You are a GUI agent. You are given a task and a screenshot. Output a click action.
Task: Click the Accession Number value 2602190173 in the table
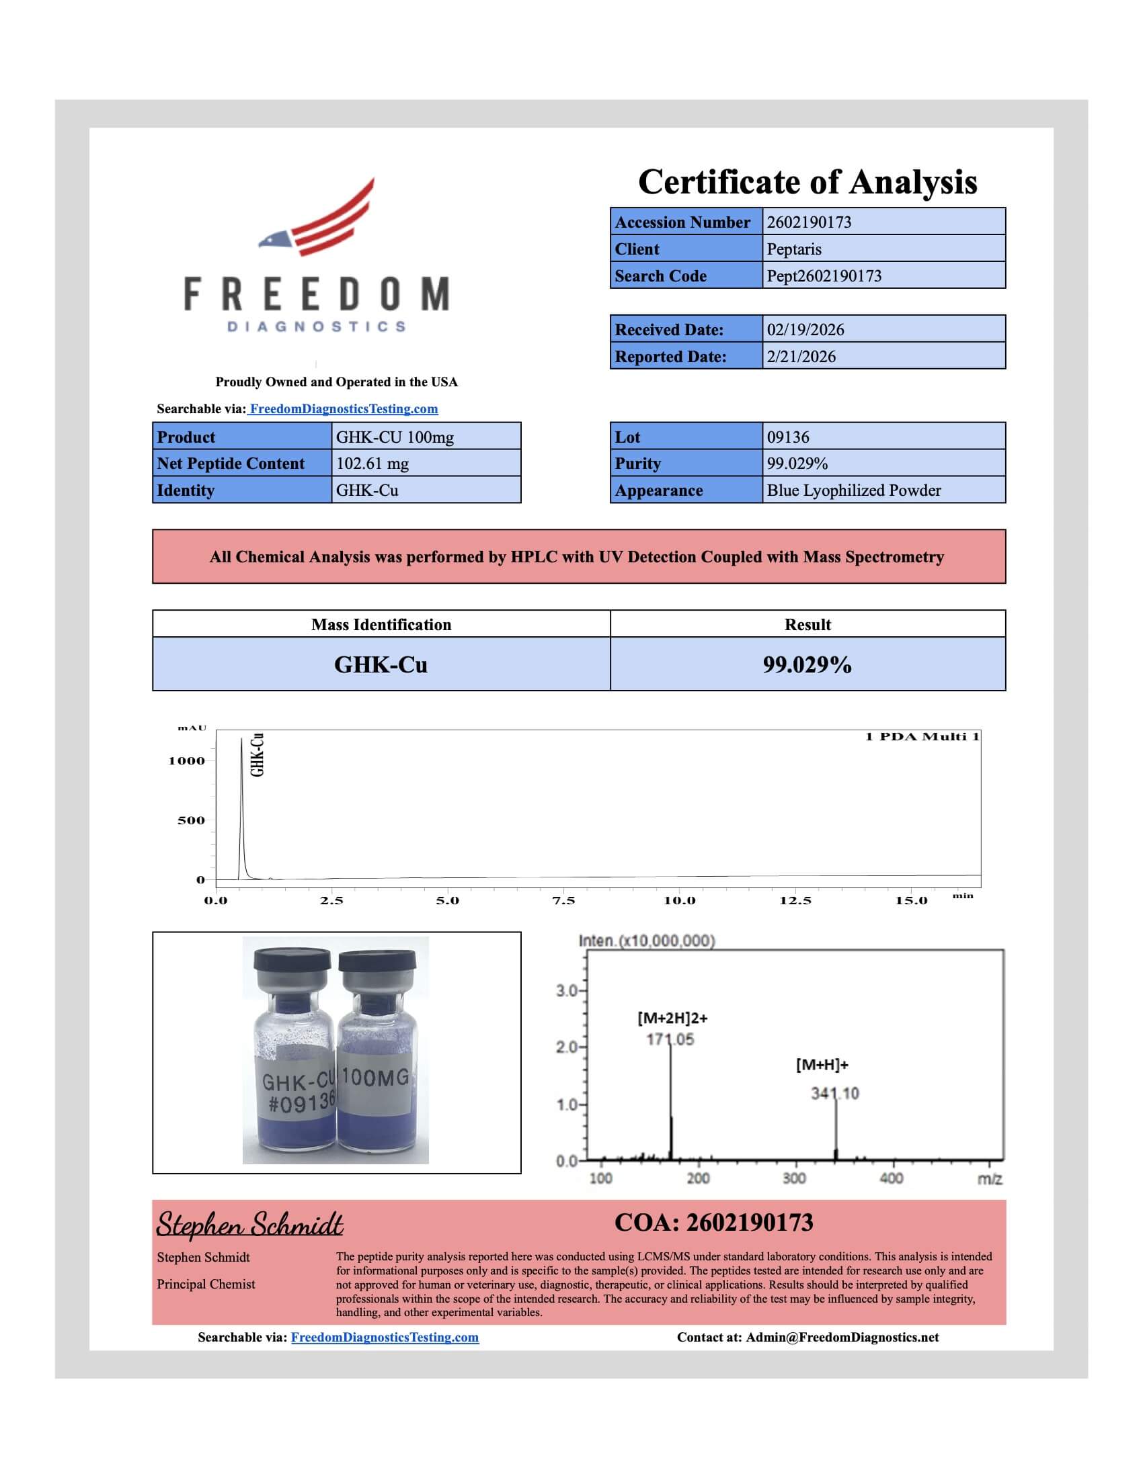coord(808,222)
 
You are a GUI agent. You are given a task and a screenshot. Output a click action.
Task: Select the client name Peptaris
coord(793,249)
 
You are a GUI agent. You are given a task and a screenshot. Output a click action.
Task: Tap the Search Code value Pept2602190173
coord(824,276)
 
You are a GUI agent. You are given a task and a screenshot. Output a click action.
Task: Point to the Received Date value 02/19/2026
coord(805,330)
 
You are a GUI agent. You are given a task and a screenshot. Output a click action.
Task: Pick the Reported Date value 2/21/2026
coord(801,357)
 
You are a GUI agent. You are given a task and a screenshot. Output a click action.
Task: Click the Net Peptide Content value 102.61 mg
coord(372,464)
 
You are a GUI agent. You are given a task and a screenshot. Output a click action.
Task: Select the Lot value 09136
coord(787,437)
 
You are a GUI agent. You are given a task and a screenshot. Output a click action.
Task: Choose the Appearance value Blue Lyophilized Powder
coord(853,490)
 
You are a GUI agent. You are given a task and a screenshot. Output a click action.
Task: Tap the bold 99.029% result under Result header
coord(807,664)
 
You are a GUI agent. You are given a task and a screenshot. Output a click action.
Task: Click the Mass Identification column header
coord(381,625)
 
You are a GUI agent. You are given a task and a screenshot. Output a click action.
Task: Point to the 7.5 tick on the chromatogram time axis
coord(563,901)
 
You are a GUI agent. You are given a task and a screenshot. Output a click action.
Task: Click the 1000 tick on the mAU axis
coord(186,760)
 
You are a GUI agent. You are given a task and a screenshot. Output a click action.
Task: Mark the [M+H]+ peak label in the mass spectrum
coord(822,1065)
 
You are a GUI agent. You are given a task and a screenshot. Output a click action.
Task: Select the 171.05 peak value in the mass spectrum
coord(670,1039)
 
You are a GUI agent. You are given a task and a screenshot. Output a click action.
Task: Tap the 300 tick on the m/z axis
coord(793,1178)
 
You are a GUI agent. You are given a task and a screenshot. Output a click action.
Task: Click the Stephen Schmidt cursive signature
coord(250,1224)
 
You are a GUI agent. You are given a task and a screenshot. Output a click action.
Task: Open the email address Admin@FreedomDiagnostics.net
coord(842,1337)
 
